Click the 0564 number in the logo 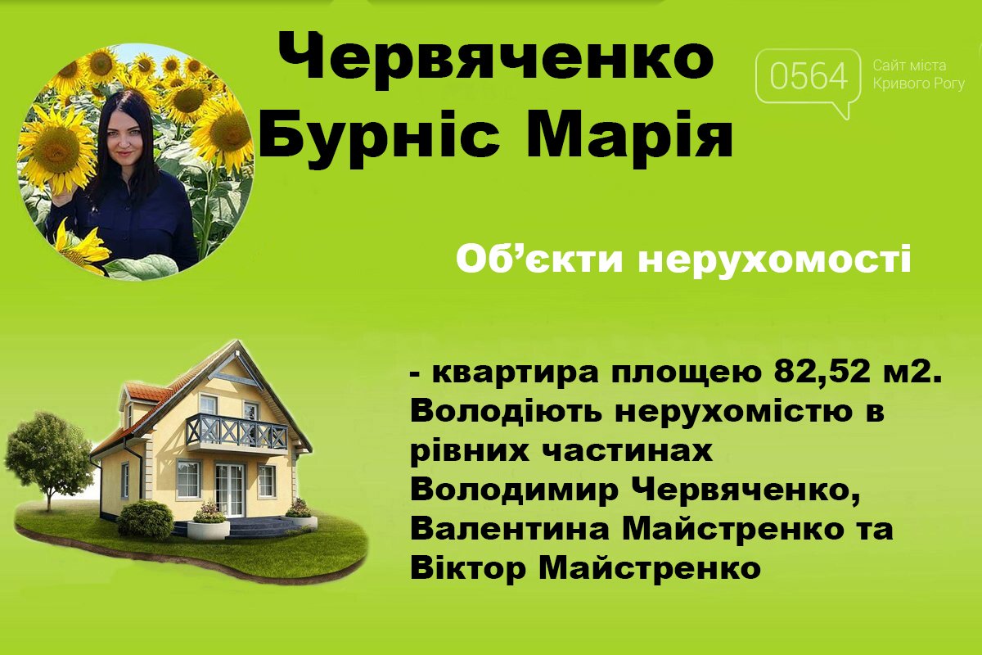click(809, 76)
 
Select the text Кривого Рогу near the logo click(919, 84)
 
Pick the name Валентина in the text click(511, 530)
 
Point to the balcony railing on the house click(236, 431)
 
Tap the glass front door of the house click(229, 490)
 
